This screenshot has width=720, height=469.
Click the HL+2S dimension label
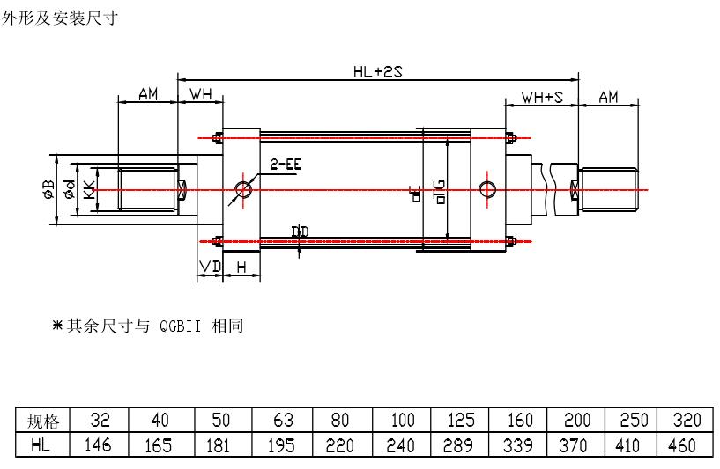(x=377, y=72)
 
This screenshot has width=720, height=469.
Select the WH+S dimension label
(x=542, y=97)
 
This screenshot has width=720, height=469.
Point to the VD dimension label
(x=209, y=266)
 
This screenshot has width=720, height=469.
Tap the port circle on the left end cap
(x=243, y=189)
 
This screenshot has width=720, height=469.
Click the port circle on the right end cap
(x=486, y=188)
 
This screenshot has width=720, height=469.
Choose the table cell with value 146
(x=98, y=445)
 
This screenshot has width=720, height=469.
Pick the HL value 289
(x=458, y=445)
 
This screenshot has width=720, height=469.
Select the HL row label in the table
(x=41, y=445)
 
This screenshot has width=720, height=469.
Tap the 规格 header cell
(x=41, y=420)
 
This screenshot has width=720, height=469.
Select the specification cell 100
(x=401, y=420)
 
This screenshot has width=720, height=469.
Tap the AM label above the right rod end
(x=608, y=97)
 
